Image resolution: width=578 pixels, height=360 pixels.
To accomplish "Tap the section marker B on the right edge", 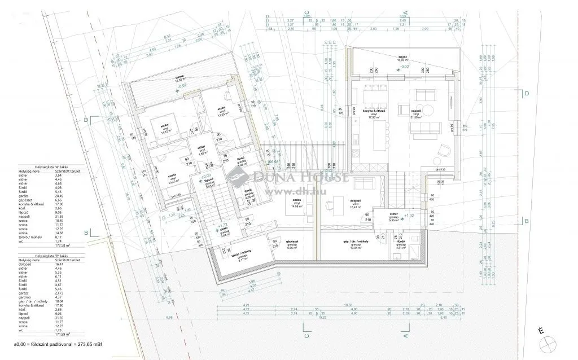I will [x=526, y=221].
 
